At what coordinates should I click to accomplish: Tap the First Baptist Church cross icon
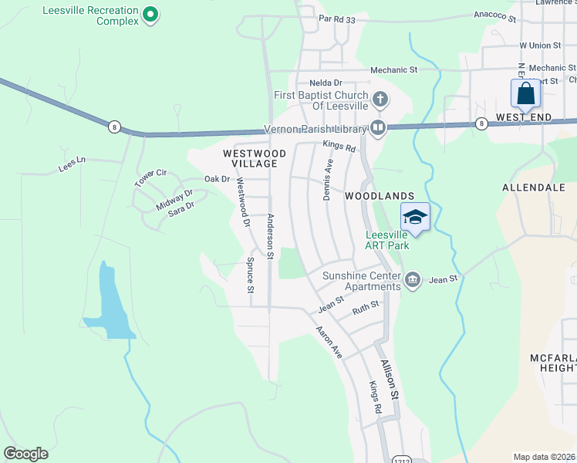(380, 99)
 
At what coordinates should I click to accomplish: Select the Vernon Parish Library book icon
(378, 128)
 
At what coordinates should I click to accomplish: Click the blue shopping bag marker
(525, 94)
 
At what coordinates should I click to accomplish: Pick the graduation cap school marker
(415, 218)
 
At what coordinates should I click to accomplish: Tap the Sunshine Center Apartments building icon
(412, 279)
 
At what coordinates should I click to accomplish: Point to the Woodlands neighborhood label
(380, 196)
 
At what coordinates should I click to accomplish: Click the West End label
(524, 117)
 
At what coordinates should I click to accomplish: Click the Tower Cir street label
(150, 178)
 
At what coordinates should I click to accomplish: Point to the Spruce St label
(250, 275)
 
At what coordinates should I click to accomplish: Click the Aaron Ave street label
(328, 341)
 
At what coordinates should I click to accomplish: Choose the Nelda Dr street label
(326, 83)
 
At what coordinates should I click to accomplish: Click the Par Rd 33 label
(337, 19)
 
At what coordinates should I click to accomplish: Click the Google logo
(25, 454)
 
